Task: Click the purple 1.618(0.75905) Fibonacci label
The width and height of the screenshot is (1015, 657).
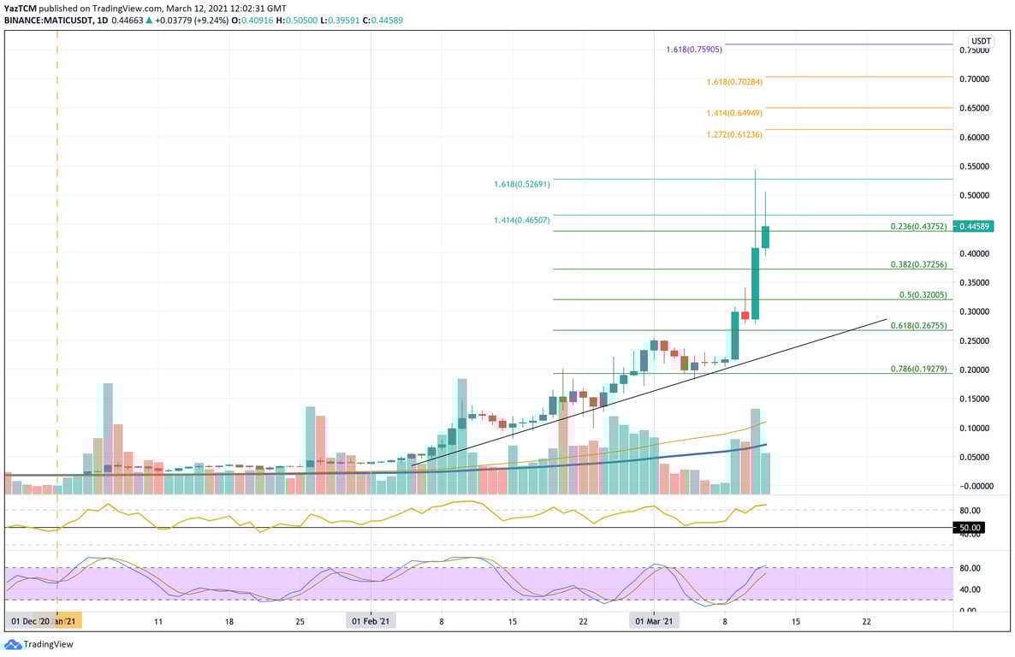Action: [x=693, y=50]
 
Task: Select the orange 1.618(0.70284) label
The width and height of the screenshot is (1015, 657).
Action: [x=734, y=82]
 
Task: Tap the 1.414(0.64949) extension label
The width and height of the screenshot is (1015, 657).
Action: [x=734, y=113]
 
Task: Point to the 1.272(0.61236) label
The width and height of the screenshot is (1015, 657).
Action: [x=734, y=135]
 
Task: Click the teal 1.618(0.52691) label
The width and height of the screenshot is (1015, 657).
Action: [x=521, y=184]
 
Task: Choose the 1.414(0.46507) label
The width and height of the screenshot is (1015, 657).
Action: [x=521, y=220]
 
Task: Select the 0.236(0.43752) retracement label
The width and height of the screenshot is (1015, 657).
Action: [x=919, y=227]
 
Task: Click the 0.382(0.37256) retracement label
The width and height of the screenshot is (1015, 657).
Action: [x=919, y=264]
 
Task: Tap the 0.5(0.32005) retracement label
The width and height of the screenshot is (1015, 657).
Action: [x=924, y=294]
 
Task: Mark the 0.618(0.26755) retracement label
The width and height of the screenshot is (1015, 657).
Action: [x=919, y=325]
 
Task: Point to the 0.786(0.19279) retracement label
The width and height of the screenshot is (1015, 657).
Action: [x=919, y=370]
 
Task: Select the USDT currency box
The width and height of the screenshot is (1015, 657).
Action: [x=980, y=41]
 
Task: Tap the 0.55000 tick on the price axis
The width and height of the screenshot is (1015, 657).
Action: [x=975, y=166]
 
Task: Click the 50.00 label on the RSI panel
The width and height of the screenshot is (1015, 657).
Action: [x=970, y=528]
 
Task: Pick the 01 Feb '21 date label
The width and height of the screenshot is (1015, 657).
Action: [x=371, y=621]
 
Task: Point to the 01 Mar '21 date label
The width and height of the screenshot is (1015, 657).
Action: [x=655, y=621]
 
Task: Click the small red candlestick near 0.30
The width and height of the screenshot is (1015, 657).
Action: [x=745, y=316]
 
